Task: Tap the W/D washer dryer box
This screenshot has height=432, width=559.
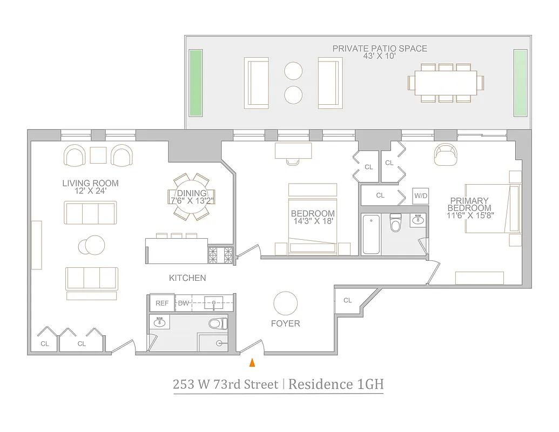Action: click(x=420, y=195)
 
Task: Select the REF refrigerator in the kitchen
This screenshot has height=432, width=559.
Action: click(x=161, y=303)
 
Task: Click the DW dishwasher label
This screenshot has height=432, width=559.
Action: click(x=184, y=303)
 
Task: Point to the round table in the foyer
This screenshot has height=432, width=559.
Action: click(x=285, y=303)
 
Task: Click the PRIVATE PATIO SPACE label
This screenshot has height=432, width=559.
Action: click(x=379, y=49)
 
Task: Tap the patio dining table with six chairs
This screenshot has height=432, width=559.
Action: click(x=446, y=83)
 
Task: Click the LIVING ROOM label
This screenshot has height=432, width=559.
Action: click(x=90, y=184)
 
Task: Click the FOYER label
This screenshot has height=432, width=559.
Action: click(x=285, y=323)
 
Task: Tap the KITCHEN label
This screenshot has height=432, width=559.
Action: click(x=187, y=278)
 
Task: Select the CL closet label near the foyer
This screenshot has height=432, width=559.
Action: click(x=347, y=300)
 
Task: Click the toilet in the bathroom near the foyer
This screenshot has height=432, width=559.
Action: click(x=217, y=324)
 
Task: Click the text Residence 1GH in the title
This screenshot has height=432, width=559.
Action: click(x=335, y=384)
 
